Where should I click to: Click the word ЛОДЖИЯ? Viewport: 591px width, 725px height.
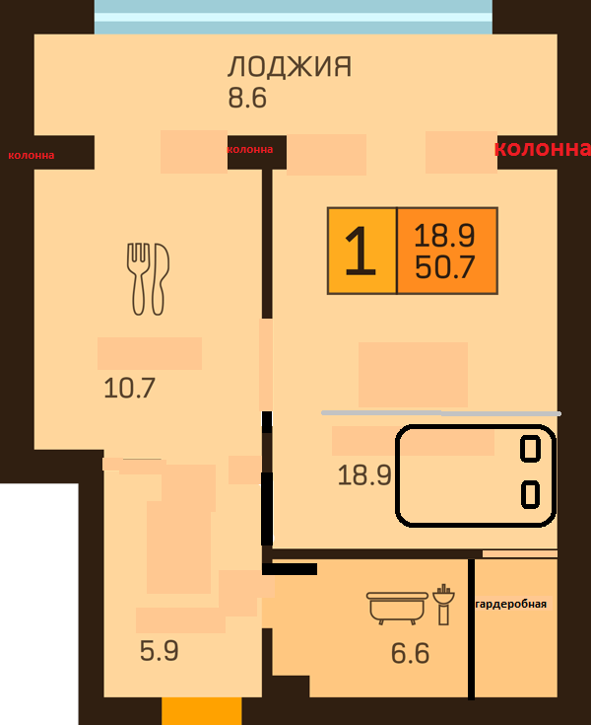pyautogui.click(x=290, y=67)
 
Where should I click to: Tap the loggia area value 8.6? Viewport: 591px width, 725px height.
pyautogui.click(x=247, y=98)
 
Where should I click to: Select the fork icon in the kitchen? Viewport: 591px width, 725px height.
pyautogui.click(x=138, y=279)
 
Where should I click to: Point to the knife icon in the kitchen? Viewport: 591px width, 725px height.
pyautogui.click(x=160, y=279)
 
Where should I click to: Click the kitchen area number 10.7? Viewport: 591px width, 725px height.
pyautogui.click(x=129, y=388)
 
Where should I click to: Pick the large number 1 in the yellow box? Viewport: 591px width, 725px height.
pyautogui.click(x=361, y=252)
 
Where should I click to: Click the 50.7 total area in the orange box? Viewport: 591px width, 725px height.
pyautogui.click(x=444, y=266)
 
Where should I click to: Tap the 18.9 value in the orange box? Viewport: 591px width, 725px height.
pyautogui.click(x=444, y=236)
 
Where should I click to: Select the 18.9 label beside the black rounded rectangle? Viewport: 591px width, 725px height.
pyautogui.click(x=364, y=474)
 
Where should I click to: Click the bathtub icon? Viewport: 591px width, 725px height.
pyautogui.click(x=397, y=608)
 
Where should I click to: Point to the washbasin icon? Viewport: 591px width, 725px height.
pyautogui.click(x=443, y=605)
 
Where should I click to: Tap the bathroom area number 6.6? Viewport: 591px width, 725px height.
pyautogui.click(x=410, y=653)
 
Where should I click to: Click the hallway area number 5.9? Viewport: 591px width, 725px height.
pyautogui.click(x=159, y=651)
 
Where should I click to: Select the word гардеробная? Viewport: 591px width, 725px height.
pyautogui.click(x=510, y=604)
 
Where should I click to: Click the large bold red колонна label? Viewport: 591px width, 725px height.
pyautogui.click(x=542, y=148)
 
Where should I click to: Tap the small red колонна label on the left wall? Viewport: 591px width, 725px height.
pyautogui.click(x=32, y=156)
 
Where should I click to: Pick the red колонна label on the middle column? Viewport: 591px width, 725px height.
pyautogui.click(x=250, y=149)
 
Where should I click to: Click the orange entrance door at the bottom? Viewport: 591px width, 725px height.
pyautogui.click(x=201, y=711)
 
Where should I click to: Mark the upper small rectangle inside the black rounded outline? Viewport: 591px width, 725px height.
pyautogui.click(x=530, y=449)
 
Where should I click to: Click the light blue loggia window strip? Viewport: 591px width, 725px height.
pyautogui.click(x=294, y=17)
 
